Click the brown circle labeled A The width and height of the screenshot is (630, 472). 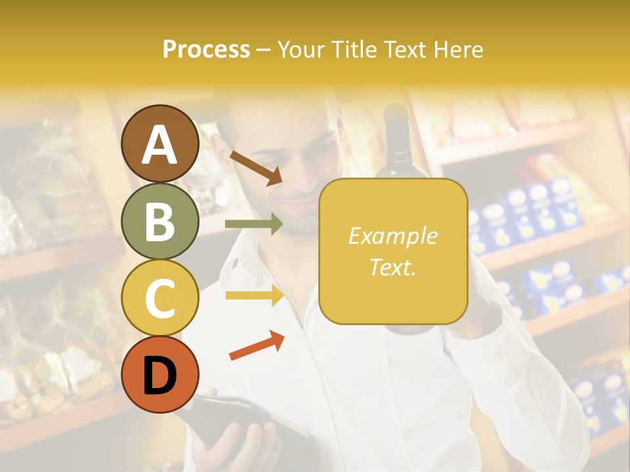159,144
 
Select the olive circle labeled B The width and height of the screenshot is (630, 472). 159,220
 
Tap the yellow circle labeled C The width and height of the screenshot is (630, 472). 159,297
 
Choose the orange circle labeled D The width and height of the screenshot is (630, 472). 159,374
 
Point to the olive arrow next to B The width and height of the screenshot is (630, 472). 253,224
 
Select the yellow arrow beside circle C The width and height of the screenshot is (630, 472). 253,296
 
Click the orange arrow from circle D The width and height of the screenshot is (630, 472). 256,346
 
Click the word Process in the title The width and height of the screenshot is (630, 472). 206,50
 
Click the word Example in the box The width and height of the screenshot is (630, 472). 392,236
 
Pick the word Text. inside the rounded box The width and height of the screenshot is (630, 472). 392,267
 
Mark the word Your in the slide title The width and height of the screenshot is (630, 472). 301,50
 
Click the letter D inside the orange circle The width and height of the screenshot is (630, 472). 159,375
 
